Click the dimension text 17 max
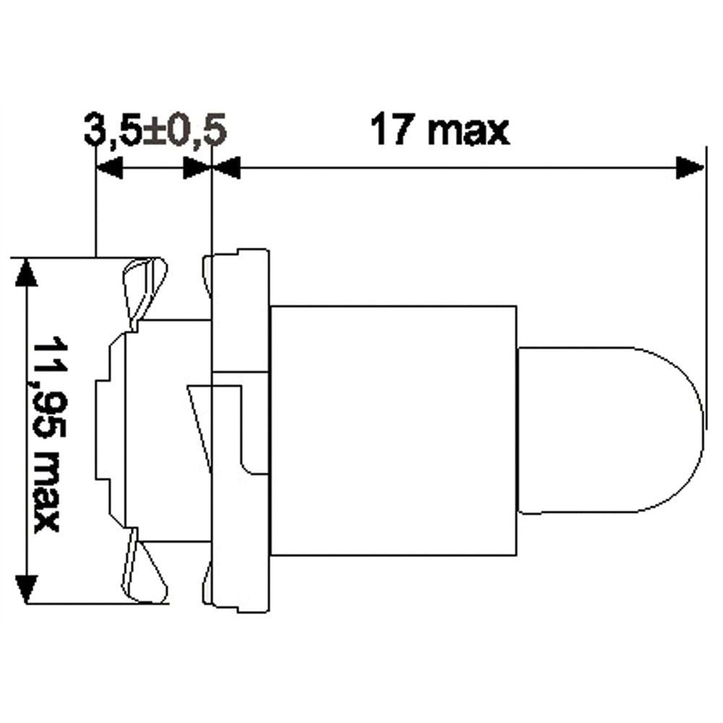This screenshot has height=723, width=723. point(440,129)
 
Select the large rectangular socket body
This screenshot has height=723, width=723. point(393,430)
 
